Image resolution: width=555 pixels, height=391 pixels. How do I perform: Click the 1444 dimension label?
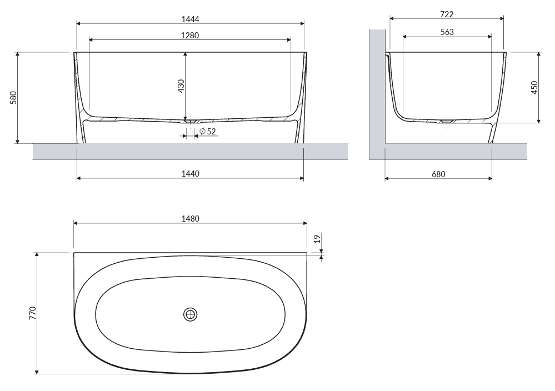pos(191,19)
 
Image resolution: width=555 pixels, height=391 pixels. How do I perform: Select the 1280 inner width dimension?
pos(190,36)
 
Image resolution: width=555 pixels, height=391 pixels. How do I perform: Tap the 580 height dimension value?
pos(13,98)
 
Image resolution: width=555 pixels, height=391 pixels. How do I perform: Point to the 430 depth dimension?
pos(181,86)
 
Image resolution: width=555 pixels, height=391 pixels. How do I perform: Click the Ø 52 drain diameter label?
pos(208,132)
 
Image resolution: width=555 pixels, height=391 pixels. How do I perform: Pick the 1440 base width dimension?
pos(191,174)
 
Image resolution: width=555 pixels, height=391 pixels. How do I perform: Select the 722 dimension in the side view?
pos(447,14)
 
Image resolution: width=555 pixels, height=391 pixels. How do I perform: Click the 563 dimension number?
pos(447,32)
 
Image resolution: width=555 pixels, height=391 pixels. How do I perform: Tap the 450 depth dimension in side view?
pos(534,87)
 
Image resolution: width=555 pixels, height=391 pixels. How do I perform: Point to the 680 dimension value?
pos(438,174)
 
